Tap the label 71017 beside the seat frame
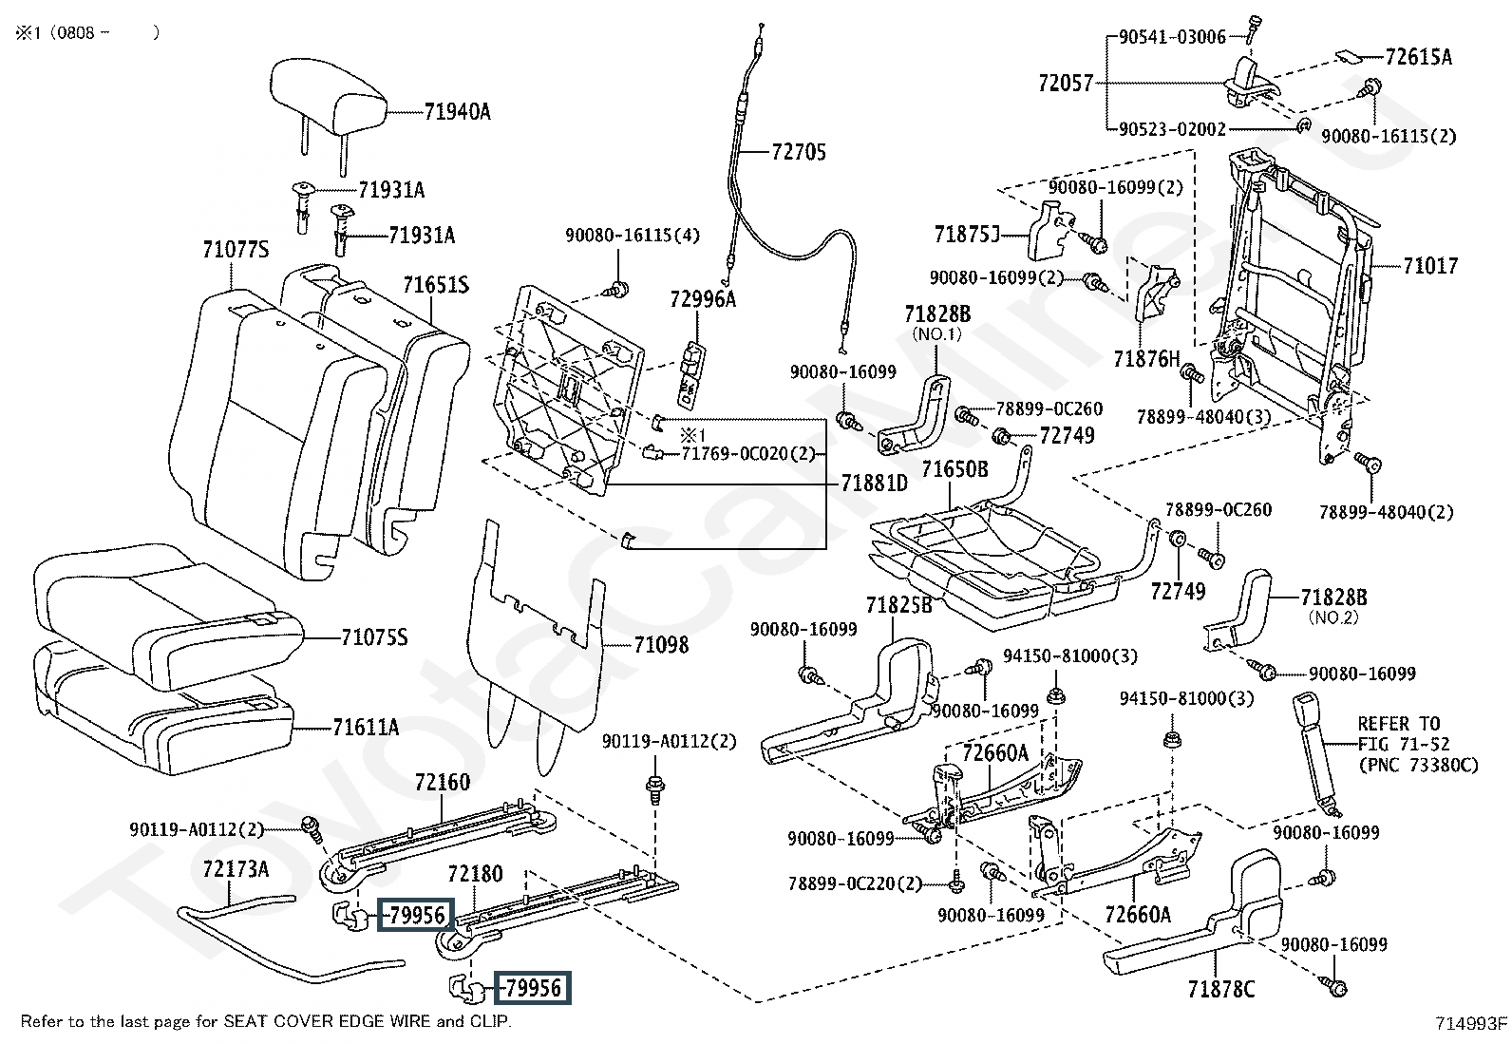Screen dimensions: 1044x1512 (x=1430, y=266)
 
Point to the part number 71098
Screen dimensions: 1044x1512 (x=661, y=646)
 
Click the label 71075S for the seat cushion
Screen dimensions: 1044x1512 (x=374, y=637)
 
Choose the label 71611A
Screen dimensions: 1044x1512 (x=366, y=729)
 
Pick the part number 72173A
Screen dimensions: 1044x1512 (x=236, y=869)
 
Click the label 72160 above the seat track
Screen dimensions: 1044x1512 (x=442, y=783)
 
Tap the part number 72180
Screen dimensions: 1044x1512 (x=475, y=874)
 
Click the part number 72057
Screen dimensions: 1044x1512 (x=1066, y=84)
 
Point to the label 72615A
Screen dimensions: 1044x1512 (x=1418, y=57)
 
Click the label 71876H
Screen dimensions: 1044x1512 (x=1145, y=359)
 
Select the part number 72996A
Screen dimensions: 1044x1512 (x=703, y=299)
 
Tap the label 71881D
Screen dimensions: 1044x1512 (x=874, y=484)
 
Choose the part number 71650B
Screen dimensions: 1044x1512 (x=954, y=469)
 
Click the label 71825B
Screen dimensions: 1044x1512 (x=898, y=604)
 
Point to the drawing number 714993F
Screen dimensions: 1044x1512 (x=1471, y=1023)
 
